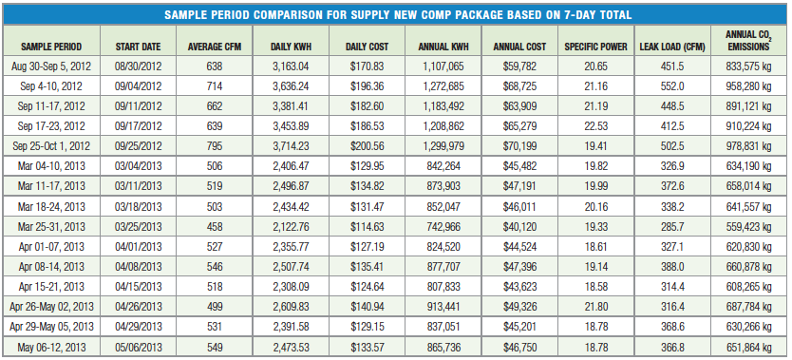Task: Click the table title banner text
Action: point(398,14)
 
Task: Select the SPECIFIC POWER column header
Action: point(595,47)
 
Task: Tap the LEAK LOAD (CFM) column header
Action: point(672,47)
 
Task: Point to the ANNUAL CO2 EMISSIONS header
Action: point(747,41)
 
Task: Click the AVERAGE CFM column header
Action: point(215,47)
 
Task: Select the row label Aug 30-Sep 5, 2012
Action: point(51,66)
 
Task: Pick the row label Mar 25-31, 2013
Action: point(51,227)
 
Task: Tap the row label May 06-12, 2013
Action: point(51,348)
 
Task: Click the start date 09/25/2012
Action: point(138,146)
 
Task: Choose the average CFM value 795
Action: point(215,146)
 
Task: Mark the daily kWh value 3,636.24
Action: point(291,86)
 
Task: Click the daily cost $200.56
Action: point(368,146)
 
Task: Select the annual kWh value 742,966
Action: point(443,227)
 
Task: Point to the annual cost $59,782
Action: point(519,66)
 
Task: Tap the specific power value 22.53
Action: point(596,126)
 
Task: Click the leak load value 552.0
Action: point(672,86)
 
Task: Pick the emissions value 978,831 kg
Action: point(748,146)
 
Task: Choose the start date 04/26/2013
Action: point(138,307)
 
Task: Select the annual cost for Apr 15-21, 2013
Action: point(519,287)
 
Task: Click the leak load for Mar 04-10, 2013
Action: point(672,166)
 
